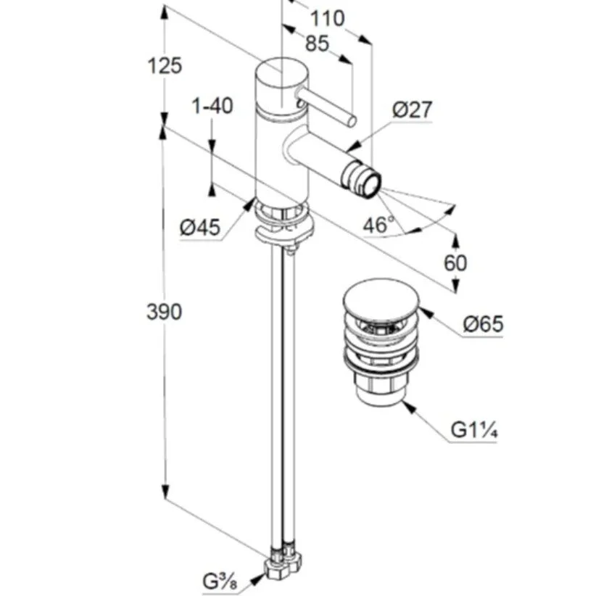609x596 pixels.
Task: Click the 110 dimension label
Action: (328, 17)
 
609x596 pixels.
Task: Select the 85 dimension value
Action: (316, 44)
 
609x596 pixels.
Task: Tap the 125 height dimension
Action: (165, 66)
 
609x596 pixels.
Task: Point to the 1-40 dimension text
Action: (212, 106)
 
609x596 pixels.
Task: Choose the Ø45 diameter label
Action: (200, 228)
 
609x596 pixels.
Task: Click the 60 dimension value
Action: (455, 262)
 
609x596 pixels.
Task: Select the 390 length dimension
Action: (165, 313)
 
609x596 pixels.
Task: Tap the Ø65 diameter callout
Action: (482, 324)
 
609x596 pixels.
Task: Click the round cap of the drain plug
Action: (378, 301)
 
